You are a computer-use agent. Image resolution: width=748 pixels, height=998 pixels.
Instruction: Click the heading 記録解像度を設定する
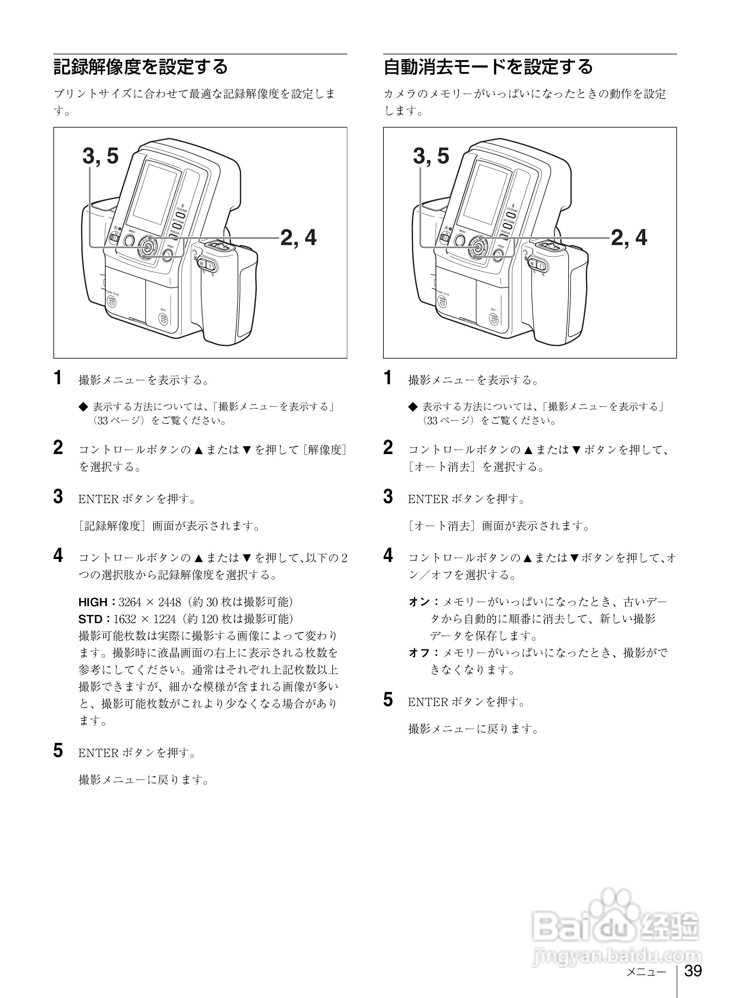pyautogui.click(x=141, y=67)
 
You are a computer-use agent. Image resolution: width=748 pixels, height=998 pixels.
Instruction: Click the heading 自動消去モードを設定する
pyautogui.click(x=488, y=67)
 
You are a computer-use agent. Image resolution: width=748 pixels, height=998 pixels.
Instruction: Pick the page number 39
pyautogui.click(x=692, y=970)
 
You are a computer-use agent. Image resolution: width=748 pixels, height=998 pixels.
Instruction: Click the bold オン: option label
pyautogui.click(x=422, y=602)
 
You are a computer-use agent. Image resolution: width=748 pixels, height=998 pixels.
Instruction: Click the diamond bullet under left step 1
pyautogui.click(x=83, y=407)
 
